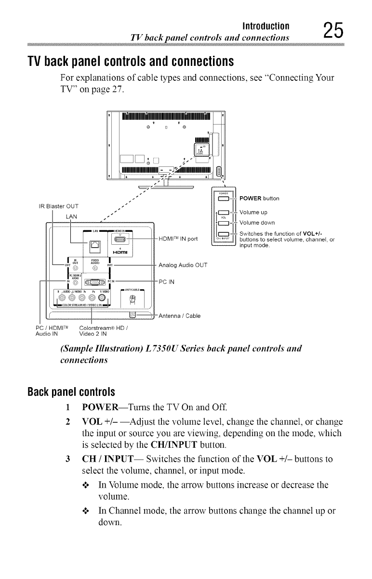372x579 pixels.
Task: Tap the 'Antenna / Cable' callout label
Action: click(180, 316)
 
